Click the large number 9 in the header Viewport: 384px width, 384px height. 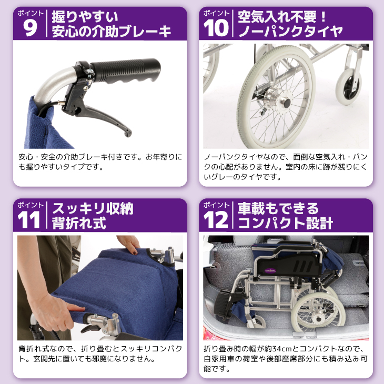(31, 28)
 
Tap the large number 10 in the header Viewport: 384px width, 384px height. (217, 28)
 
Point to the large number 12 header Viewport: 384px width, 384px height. (217, 219)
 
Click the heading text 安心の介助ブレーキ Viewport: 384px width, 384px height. (112, 32)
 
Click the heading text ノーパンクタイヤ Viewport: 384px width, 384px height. (290, 32)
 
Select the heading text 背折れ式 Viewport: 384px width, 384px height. (79, 223)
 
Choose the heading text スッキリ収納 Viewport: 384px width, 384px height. (92, 208)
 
